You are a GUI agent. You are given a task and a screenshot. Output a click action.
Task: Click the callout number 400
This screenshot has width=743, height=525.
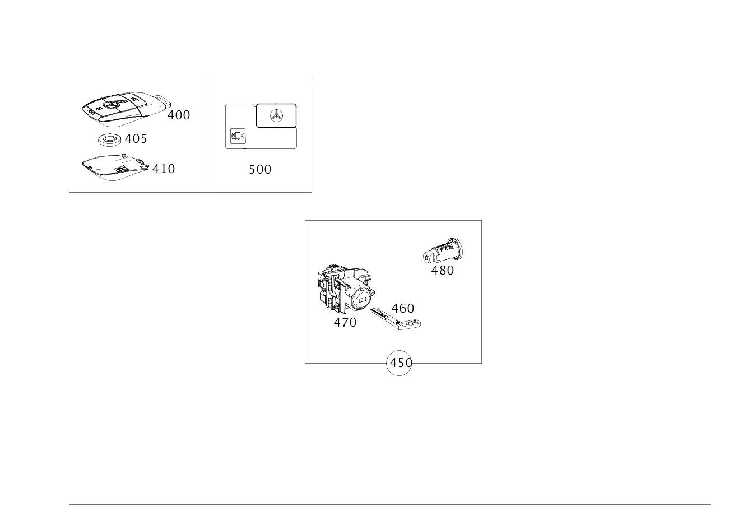tap(179, 115)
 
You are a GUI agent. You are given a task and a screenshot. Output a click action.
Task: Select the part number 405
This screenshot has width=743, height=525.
tap(136, 138)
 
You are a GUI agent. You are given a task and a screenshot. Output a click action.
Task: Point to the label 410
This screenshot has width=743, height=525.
tap(163, 168)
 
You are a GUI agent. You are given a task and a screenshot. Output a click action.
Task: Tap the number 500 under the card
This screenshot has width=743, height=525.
tap(260, 169)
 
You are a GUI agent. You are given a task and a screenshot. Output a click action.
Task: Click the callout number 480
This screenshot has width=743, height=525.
tap(443, 270)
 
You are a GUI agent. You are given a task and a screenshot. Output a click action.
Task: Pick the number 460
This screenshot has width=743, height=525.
tap(403, 308)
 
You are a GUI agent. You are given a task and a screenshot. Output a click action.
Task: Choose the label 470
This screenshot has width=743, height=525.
tap(345, 322)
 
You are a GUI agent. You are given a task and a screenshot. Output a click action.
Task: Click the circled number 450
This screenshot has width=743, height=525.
tap(400, 363)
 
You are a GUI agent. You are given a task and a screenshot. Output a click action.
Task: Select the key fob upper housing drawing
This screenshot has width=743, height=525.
tap(123, 106)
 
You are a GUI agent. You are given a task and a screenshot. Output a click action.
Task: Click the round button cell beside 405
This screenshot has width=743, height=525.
tap(109, 139)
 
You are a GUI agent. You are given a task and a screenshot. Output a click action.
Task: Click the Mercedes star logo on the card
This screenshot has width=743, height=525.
tap(276, 115)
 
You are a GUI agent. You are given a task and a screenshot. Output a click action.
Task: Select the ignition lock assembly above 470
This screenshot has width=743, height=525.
tap(345, 289)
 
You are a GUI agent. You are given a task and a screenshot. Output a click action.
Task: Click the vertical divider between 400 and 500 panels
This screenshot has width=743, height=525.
tap(207, 134)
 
